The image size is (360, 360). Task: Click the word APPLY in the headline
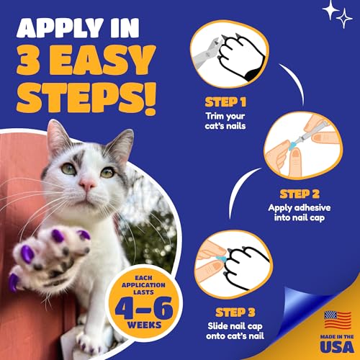pyautogui.click(x=59, y=29)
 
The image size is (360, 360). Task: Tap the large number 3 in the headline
pyautogui.click(x=28, y=60)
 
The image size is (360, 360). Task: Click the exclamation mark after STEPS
pyautogui.click(x=148, y=99)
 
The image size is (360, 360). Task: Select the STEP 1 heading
pyautogui.click(x=225, y=102)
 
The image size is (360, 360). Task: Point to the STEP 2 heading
pyautogui.click(x=300, y=194)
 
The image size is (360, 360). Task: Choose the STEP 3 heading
pyautogui.click(x=235, y=312)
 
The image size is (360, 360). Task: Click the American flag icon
pyautogui.click(x=338, y=320)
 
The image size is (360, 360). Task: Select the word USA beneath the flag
pyautogui.click(x=337, y=346)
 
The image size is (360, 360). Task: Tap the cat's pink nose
pyautogui.click(x=87, y=184)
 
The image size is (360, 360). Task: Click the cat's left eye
pyautogui.click(x=108, y=172)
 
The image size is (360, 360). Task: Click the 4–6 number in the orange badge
pyautogui.click(x=144, y=308)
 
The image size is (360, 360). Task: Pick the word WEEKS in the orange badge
pyautogui.click(x=144, y=325)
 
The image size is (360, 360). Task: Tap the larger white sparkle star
pyautogui.click(x=331, y=9)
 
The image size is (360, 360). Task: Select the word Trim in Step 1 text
pyautogui.click(x=215, y=116)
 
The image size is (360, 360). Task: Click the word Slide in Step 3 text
pyautogui.click(x=217, y=325)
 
